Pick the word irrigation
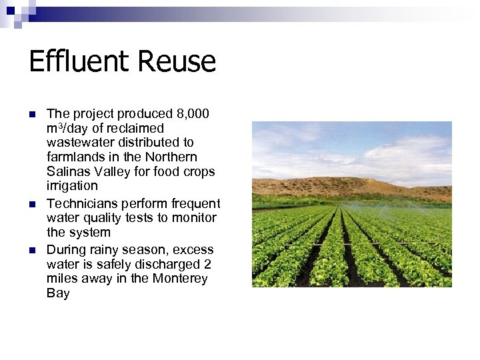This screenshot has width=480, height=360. coord(72,185)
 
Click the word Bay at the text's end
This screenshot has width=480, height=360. coord(58,293)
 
